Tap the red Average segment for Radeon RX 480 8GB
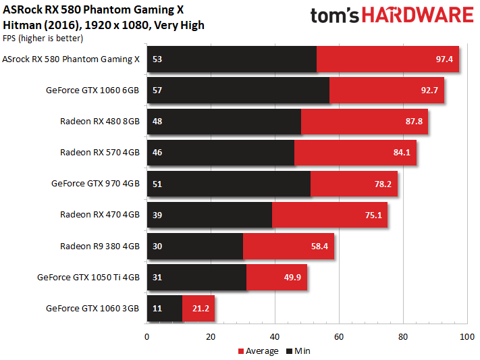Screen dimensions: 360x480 365,121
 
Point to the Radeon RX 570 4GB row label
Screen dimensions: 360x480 100,152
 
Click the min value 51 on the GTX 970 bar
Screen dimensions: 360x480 157,183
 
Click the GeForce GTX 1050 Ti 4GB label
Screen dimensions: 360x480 88,277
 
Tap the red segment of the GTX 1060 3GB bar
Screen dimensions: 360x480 198,308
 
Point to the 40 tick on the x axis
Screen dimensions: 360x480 275,336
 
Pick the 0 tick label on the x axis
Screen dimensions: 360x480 147,336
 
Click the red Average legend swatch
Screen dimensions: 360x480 240,351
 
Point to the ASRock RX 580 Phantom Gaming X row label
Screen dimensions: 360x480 71,59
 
